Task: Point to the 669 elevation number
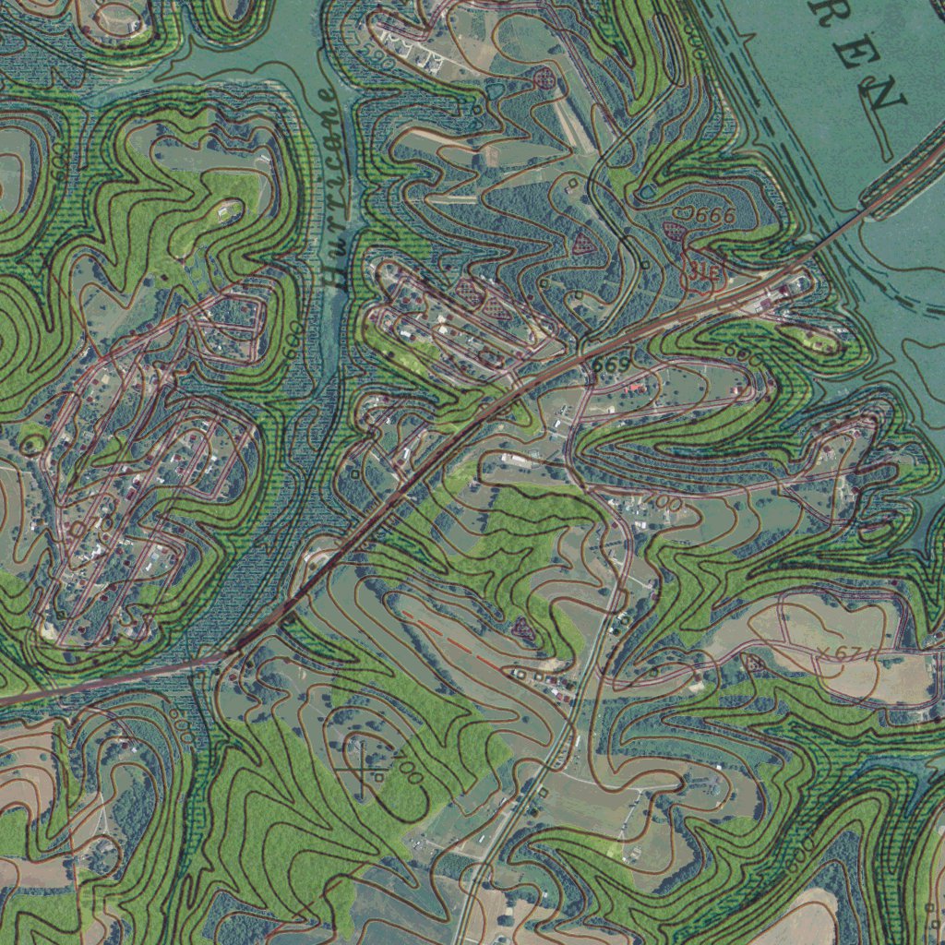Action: [x=611, y=365]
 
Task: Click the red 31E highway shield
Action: [x=704, y=272]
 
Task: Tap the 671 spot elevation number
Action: [x=854, y=655]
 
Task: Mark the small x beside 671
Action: [x=824, y=652]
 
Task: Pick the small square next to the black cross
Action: [x=377, y=777]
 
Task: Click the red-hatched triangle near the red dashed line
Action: [x=524, y=631]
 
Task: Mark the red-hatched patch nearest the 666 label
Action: [x=678, y=230]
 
